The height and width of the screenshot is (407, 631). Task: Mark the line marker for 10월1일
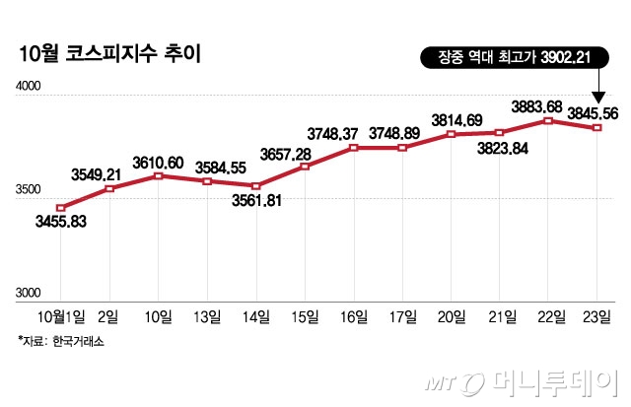[61, 208]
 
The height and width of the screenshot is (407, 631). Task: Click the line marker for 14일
[256, 186]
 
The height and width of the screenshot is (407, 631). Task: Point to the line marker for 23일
[598, 128]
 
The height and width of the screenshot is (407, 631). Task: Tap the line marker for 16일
[354, 148]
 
